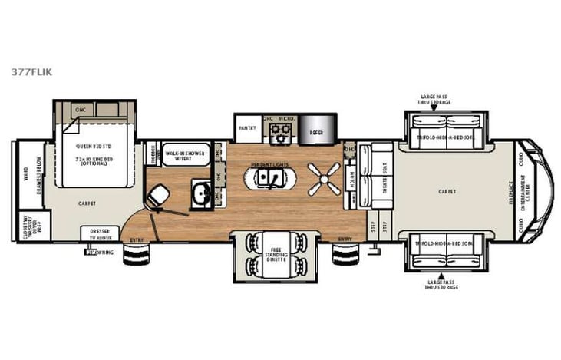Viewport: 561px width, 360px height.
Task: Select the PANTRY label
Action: tap(246, 128)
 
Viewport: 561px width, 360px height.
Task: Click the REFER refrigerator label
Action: tap(316, 132)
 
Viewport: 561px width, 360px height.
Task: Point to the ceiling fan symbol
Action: tap(323, 177)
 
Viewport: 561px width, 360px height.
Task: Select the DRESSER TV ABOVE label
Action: tap(100, 233)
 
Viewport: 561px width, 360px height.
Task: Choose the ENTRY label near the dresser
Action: tap(137, 239)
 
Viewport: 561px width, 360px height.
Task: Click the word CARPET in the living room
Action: tap(447, 190)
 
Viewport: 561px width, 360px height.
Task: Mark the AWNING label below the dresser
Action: tap(95, 251)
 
